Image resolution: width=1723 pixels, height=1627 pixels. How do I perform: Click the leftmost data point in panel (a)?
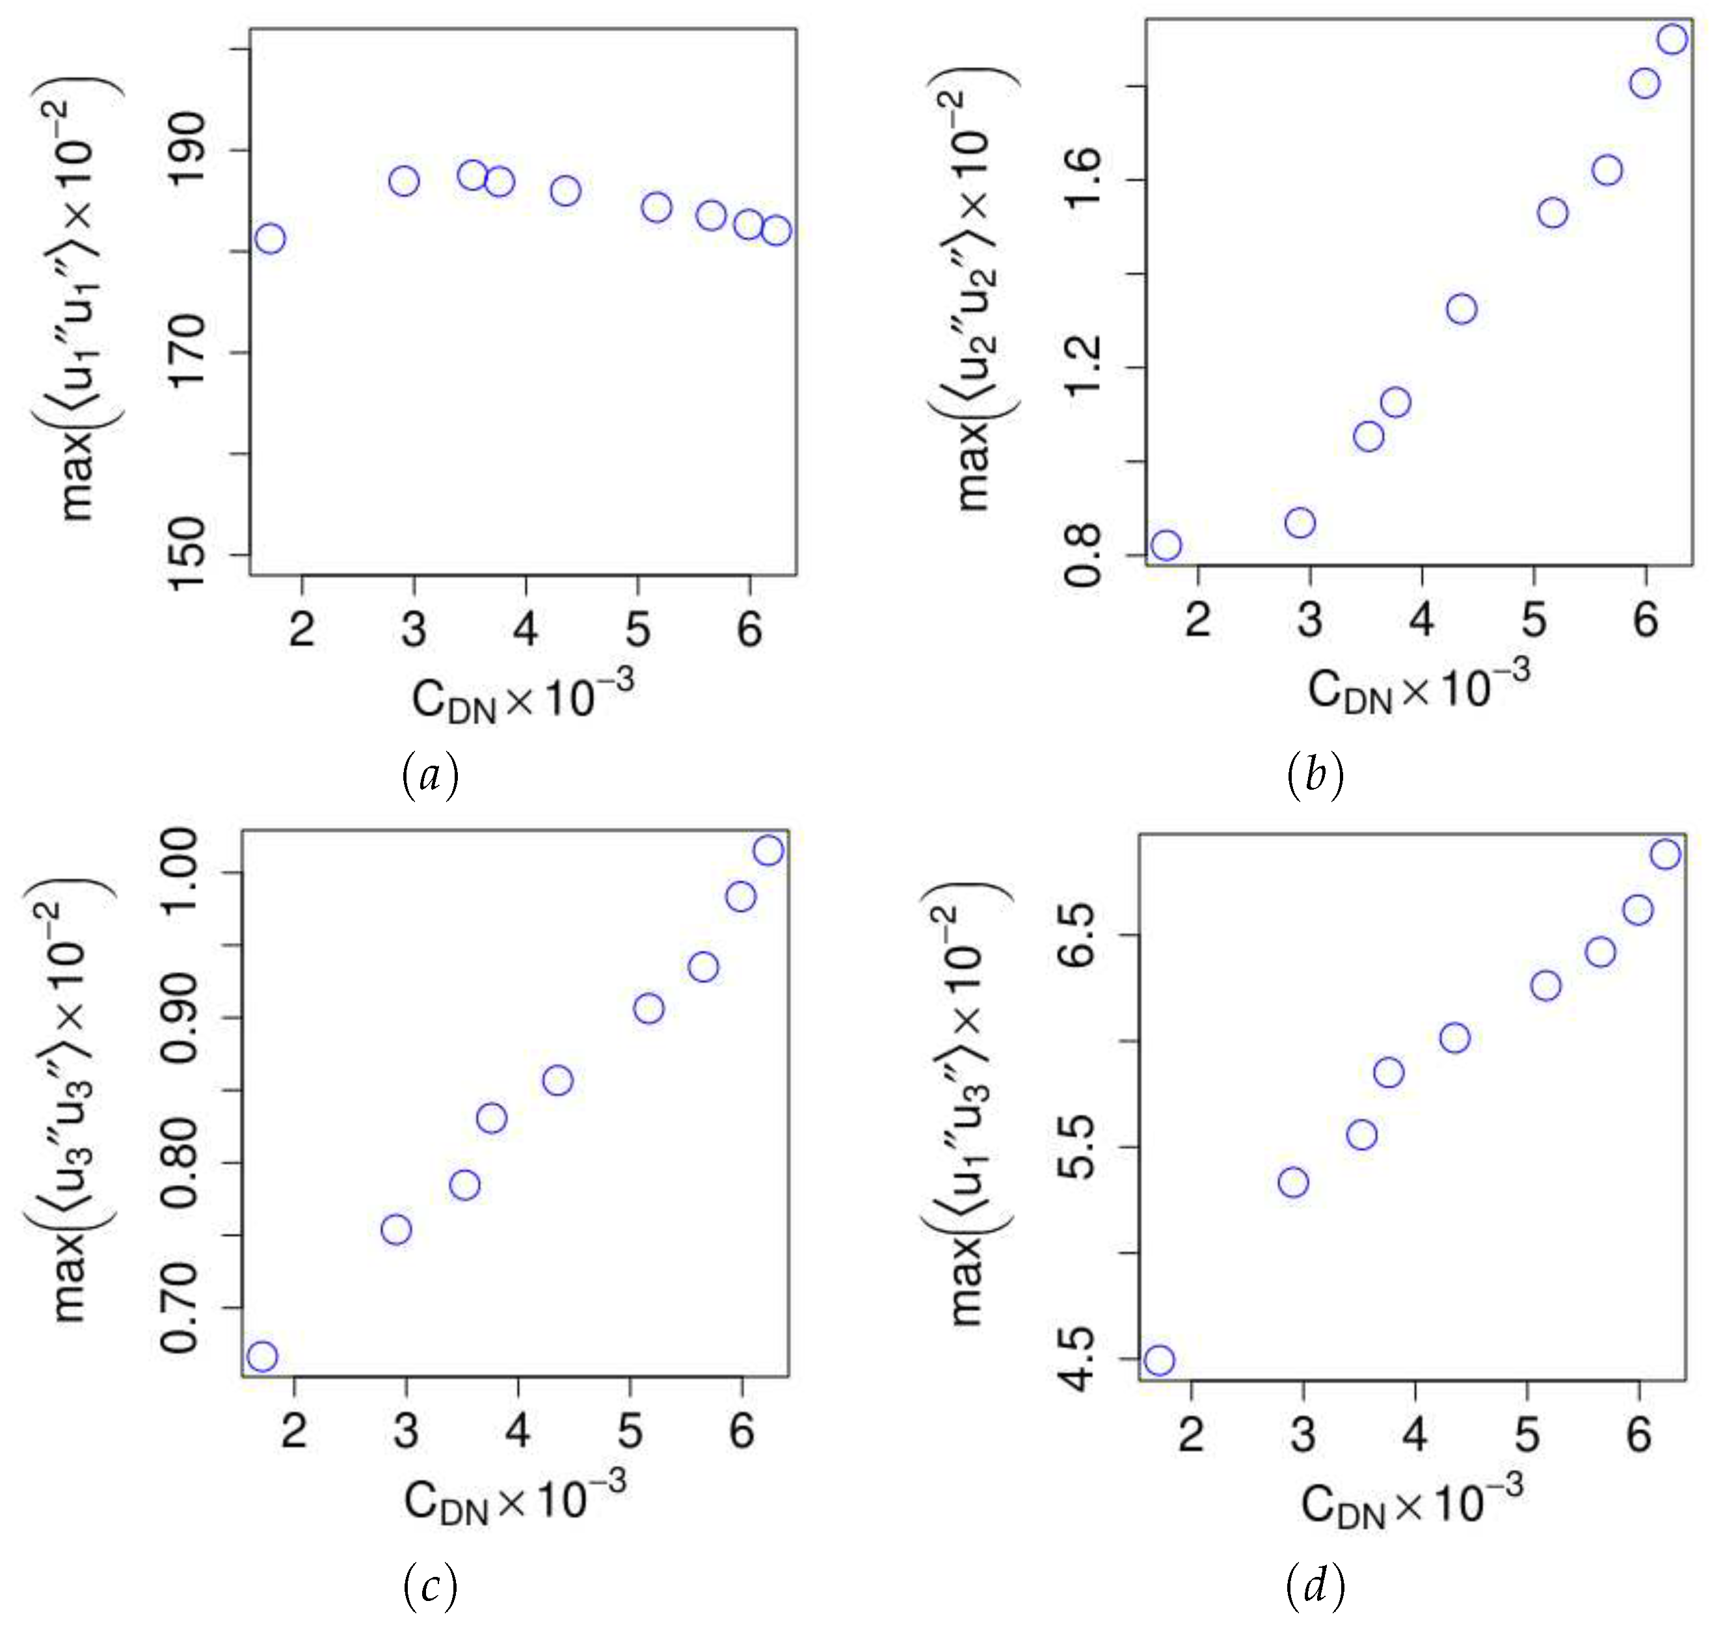(x=271, y=239)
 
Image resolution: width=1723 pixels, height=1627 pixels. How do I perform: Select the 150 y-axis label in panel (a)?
(x=187, y=555)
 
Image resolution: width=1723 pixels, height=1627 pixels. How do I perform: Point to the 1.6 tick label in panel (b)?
(x=1082, y=180)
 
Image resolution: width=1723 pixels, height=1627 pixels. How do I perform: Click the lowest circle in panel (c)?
(x=262, y=1356)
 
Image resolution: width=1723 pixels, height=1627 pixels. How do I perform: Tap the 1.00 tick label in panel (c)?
(x=180, y=872)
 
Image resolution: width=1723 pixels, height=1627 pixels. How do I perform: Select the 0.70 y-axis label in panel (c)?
(x=180, y=1308)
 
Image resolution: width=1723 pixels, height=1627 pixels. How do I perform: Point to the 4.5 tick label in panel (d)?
(x=1077, y=1359)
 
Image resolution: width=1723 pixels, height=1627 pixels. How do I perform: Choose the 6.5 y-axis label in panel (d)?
(x=1077, y=935)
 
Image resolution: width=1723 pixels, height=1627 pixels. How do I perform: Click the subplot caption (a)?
(x=430, y=775)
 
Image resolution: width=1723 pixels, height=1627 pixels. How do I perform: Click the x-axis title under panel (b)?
(x=1419, y=688)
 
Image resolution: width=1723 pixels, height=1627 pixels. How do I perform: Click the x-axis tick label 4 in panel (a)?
(x=526, y=629)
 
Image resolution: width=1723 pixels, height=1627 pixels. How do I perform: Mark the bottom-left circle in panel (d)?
(x=1159, y=1360)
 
